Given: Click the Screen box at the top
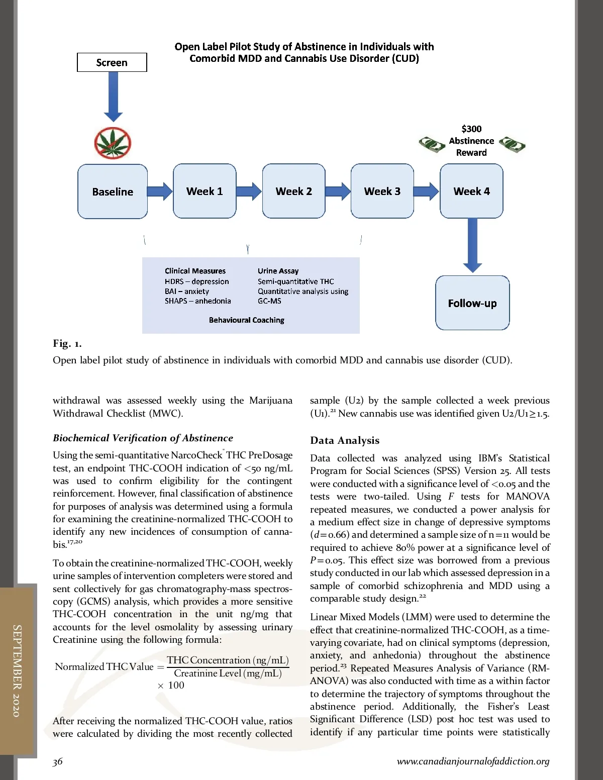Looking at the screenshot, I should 112,62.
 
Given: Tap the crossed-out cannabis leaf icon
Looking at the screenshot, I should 113,142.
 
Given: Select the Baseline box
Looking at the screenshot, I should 113,191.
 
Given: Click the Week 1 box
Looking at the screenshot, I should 205,191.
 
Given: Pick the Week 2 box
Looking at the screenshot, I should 293,191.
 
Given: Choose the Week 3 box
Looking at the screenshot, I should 382,191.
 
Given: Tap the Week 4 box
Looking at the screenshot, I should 471,191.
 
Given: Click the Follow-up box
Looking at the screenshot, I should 472,303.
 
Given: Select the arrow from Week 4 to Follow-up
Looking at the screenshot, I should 472,245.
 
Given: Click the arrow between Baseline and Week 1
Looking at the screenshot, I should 160,191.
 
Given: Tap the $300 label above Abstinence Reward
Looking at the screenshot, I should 471,129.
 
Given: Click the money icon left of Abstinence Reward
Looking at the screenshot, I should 432,145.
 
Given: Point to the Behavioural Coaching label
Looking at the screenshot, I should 246,320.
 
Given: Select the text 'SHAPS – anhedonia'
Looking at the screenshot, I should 197,301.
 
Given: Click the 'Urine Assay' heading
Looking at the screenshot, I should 278,271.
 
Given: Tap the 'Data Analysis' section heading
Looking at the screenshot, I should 345,440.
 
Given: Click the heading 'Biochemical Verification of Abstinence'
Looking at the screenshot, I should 143,438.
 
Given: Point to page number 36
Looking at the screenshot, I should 58,761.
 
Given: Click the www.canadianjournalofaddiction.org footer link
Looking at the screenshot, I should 473,761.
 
